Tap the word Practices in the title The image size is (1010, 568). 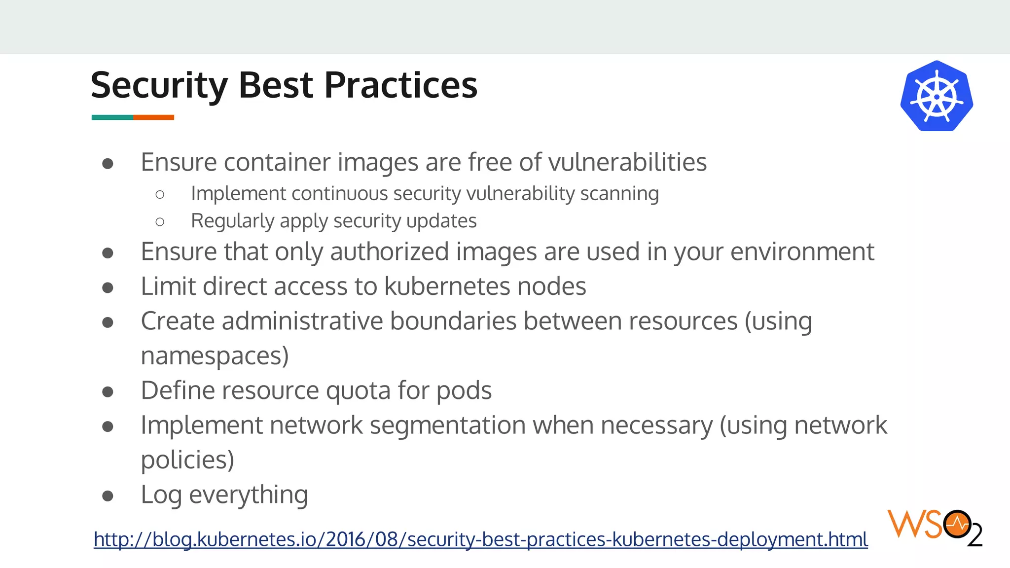pos(400,85)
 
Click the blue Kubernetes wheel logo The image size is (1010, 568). pos(936,96)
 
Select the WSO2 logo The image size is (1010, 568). pos(934,528)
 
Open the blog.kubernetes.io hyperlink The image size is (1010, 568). pos(480,539)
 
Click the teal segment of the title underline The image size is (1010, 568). pos(112,117)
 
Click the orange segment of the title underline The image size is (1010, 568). pos(153,117)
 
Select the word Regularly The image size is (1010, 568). pos(232,221)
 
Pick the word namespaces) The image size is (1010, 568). pos(215,356)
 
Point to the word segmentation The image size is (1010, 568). pos(447,426)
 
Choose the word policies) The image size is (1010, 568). pos(187,461)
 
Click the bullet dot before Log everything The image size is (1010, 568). pos(108,496)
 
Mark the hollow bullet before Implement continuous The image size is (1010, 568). pos(160,195)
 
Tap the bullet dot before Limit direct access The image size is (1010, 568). pos(108,287)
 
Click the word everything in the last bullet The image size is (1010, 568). pos(249,495)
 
